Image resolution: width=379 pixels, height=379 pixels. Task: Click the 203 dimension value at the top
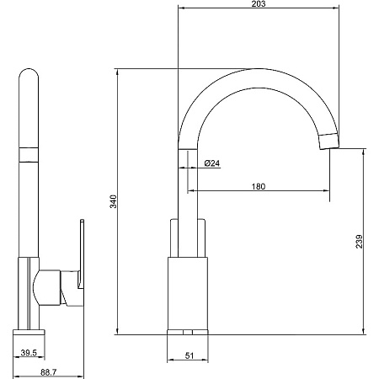(259, 3)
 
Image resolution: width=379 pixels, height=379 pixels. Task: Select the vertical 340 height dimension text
(113, 201)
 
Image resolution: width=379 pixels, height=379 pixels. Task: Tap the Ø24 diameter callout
(212, 163)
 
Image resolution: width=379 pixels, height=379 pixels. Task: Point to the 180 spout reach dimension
(259, 186)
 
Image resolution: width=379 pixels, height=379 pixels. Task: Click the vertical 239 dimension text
(359, 242)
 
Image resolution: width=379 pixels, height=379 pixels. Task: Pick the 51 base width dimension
(189, 355)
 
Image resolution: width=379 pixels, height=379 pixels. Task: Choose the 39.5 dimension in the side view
(29, 353)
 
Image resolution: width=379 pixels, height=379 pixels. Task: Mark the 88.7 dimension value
(49, 372)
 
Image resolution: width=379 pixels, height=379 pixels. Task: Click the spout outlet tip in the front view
(329, 141)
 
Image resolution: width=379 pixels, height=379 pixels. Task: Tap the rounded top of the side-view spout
(29, 73)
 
